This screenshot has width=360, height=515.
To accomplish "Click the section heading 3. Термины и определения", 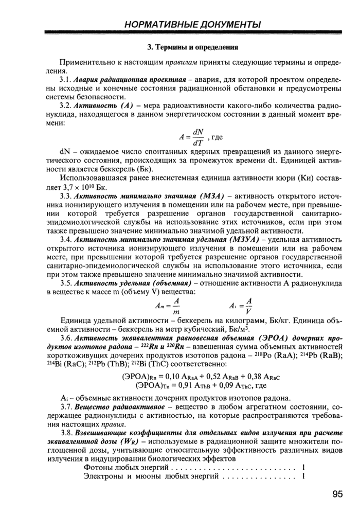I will tap(193, 47).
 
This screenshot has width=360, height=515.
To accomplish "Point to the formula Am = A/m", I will tap(168, 306).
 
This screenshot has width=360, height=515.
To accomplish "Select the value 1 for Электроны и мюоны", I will tap(304, 476).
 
